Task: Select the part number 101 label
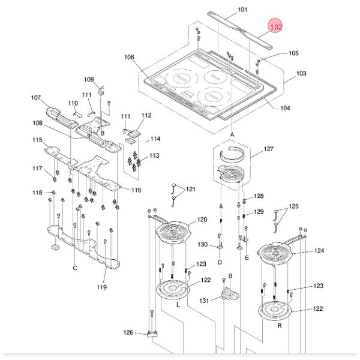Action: pyautogui.click(x=242, y=10)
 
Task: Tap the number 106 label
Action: pyautogui.click(x=129, y=57)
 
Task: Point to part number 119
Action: pyautogui.click(x=101, y=287)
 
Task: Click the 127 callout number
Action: pyautogui.click(x=268, y=149)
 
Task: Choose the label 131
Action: pyautogui.click(x=204, y=301)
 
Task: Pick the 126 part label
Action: pyautogui.click(x=128, y=332)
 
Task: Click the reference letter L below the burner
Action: pyautogui.click(x=178, y=305)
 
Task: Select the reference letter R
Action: pyautogui.click(x=280, y=325)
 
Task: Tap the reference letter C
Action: pyautogui.click(x=75, y=268)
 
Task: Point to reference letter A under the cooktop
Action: pyautogui.click(x=232, y=134)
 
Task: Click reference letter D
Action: pyautogui.click(x=220, y=262)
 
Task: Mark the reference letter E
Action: pyautogui.click(x=247, y=257)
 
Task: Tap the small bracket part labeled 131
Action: pyautogui.click(x=230, y=294)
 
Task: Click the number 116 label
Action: pyautogui.click(x=136, y=190)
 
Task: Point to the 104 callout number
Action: pyautogui.click(x=285, y=108)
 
